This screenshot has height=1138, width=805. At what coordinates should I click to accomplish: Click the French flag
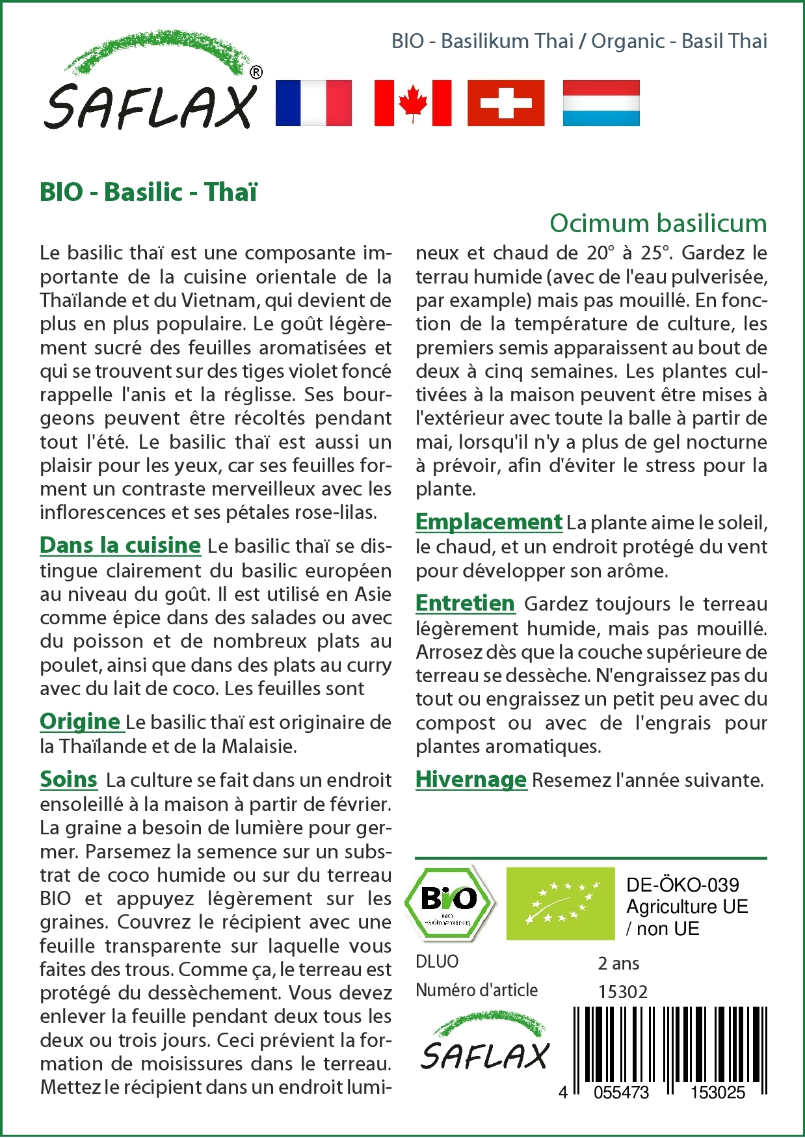tap(313, 103)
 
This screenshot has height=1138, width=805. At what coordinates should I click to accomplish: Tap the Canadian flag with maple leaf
tap(413, 103)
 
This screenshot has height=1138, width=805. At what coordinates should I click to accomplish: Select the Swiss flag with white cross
tap(506, 103)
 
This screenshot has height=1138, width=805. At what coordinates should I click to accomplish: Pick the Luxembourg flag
tap(601, 103)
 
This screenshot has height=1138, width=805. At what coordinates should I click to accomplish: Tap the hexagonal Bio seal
tap(449, 903)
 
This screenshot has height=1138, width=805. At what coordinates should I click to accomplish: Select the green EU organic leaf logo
tap(561, 903)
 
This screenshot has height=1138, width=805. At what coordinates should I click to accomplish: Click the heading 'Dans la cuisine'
tap(120, 545)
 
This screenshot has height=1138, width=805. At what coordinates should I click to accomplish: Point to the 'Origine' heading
tap(80, 721)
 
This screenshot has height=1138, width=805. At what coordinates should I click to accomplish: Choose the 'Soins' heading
tap(68, 779)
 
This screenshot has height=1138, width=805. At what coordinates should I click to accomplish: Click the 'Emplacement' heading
tap(488, 522)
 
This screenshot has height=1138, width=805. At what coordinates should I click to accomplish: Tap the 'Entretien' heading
tap(465, 603)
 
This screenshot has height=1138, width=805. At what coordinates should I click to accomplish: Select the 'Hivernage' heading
tap(471, 779)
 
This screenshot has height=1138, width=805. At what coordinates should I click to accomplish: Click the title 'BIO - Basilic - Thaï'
tap(148, 192)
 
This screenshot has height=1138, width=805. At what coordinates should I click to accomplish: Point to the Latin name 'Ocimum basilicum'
tap(658, 223)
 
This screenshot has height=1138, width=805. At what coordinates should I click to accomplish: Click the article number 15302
tap(623, 992)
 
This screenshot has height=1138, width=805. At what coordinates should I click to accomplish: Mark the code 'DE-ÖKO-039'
tap(683, 884)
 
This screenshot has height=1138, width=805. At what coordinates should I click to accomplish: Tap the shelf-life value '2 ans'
tap(618, 963)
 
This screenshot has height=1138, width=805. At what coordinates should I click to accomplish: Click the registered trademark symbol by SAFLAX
tap(256, 72)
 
